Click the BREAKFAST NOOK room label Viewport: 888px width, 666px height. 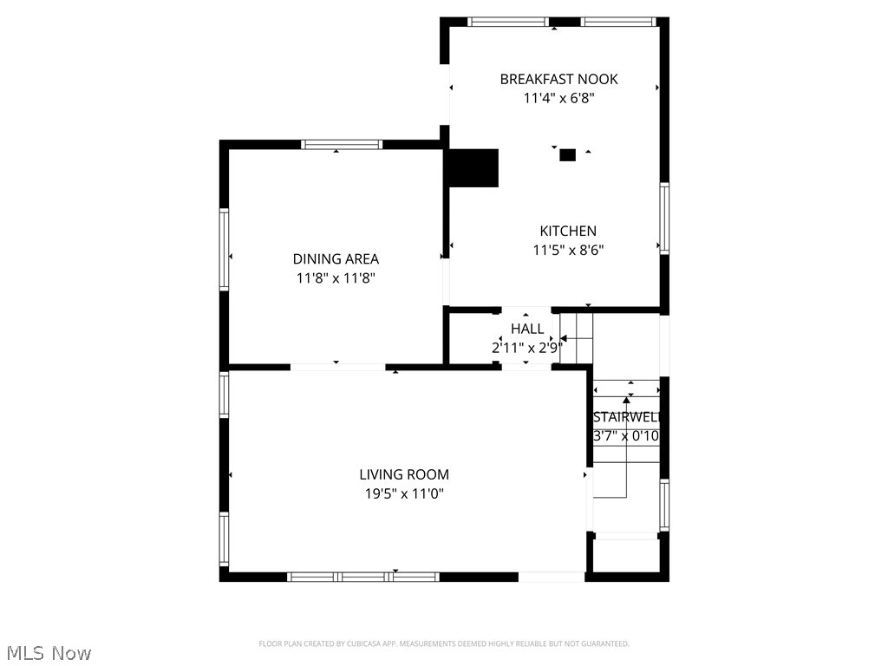click(558, 79)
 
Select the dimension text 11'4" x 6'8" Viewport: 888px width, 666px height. click(558, 98)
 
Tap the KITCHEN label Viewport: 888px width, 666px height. click(568, 231)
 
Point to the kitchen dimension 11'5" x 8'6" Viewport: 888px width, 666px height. click(568, 250)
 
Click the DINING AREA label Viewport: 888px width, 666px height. click(336, 258)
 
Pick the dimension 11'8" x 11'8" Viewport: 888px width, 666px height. click(336, 278)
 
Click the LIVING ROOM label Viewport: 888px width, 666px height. click(404, 474)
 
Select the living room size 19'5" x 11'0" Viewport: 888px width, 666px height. click(404, 494)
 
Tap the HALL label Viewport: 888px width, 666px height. click(527, 329)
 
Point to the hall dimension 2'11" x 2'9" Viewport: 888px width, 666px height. click(527, 348)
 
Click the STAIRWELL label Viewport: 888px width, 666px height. click(626, 417)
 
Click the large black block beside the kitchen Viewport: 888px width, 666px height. click(473, 168)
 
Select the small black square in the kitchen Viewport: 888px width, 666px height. click(567, 155)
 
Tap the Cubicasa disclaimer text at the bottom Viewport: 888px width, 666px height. click(444, 643)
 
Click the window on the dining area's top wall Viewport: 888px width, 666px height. click(341, 145)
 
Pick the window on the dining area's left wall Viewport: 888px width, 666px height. click(224, 249)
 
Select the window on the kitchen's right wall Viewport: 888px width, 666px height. click(664, 219)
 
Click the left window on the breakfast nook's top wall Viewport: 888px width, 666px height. click(507, 22)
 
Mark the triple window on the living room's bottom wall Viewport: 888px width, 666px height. click(363, 576)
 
